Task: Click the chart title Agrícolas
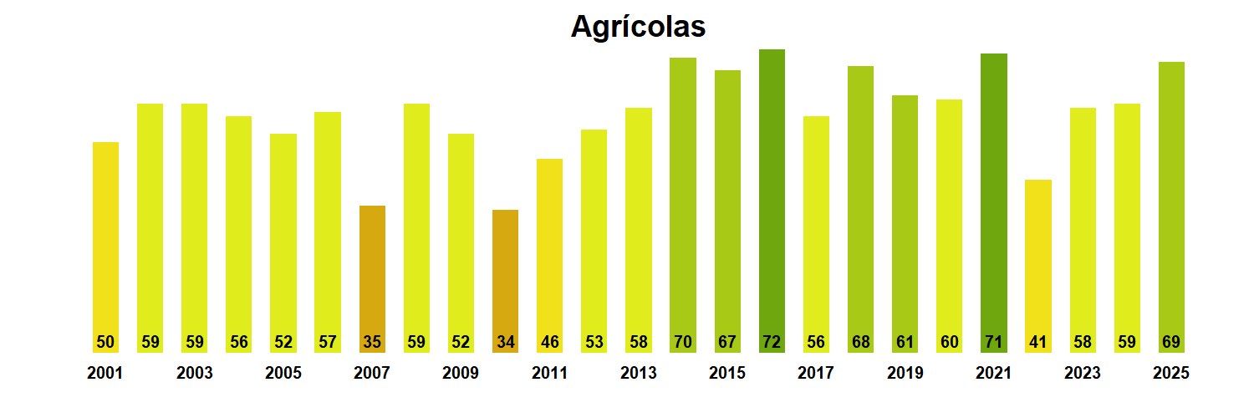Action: coord(638,27)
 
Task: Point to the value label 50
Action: coord(105,342)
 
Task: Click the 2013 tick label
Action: coord(639,374)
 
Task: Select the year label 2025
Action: coord(1170,374)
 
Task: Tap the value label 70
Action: coord(683,342)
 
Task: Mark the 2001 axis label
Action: coord(105,374)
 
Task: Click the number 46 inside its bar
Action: coord(549,342)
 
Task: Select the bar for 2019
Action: coord(905,217)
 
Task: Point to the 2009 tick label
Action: coord(461,374)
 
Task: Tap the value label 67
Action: coord(727,342)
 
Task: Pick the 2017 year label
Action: coord(816,374)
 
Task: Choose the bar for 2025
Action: coord(1171,201)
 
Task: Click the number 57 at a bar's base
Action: coord(328,342)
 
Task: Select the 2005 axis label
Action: coord(283,374)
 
